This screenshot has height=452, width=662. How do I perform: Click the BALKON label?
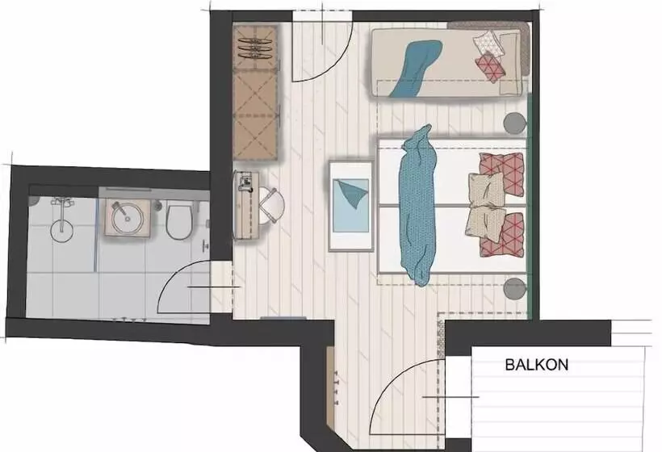(537, 365)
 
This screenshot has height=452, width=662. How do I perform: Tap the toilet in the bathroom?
(179, 220)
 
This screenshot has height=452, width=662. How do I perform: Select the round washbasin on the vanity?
(127, 218)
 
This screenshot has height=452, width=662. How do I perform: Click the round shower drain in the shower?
(61, 230)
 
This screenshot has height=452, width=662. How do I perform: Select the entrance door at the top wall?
(323, 47)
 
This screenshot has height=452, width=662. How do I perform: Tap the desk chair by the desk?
(270, 205)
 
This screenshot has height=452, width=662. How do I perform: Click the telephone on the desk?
(245, 182)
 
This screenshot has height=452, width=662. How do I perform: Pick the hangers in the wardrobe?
(256, 48)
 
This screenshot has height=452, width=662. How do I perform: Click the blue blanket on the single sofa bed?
(416, 68)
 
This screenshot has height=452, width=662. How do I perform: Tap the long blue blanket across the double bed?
(418, 206)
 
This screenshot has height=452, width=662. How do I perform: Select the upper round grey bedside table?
(515, 123)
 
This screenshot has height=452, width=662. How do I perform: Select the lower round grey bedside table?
(515, 289)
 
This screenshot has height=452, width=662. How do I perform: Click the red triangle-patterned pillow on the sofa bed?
(490, 67)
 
